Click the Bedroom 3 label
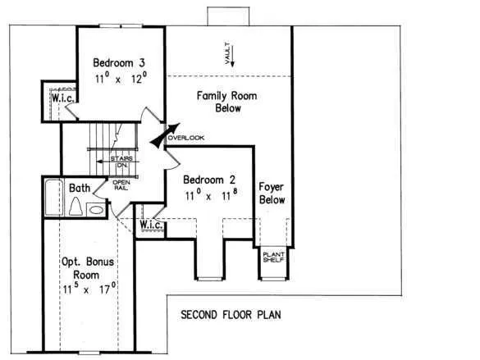pos(119,62)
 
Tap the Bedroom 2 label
pos(209,180)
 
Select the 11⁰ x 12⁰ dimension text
pos(121,78)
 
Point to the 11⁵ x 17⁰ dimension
pos(89,288)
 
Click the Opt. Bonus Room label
pos(88,268)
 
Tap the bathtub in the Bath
pos(54,198)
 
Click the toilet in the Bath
pos(75,206)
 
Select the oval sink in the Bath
pos(96,210)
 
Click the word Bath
pos(80,188)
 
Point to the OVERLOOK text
pos(186,138)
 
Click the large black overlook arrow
pos(165,135)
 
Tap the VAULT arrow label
pos(230,54)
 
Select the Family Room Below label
pos(226,102)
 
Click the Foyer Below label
pos(272,194)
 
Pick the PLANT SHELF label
pos(274,257)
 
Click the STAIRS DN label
pos(121,162)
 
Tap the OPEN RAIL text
pos(121,185)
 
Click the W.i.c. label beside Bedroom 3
pos(62,98)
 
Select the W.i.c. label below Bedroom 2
pos(151,226)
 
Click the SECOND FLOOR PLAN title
pos(231,315)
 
